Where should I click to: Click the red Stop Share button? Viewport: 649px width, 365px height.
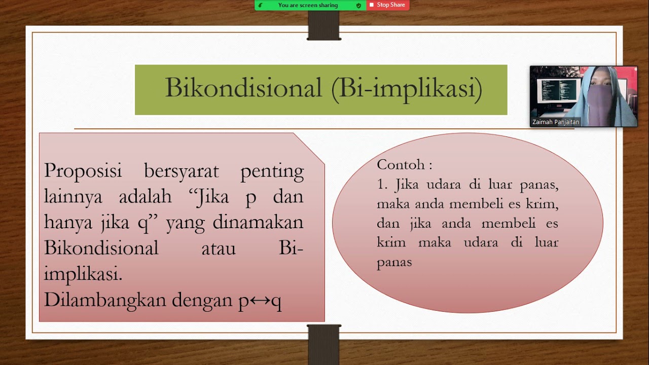tap(388, 5)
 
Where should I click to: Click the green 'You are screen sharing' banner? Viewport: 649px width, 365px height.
tap(308, 5)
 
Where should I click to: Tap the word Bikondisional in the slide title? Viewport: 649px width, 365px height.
tap(243, 89)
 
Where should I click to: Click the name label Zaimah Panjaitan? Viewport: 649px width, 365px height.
tap(556, 122)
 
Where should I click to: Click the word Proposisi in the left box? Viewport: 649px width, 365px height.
tap(83, 171)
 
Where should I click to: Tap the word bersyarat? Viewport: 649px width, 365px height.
tap(181, 171)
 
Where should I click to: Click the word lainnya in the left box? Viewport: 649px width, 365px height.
tap(73, 197)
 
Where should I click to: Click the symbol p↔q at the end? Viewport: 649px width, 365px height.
tap(260, 301)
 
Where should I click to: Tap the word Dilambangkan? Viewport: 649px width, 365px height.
tap(105, 301)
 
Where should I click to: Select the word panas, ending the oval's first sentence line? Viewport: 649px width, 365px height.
tap(539, 185)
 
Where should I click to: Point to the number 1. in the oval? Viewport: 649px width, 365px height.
tap(382, 185)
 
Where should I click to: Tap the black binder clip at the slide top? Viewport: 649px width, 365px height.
tap(324, 25)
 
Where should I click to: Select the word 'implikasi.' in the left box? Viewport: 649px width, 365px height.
tap(83, 275)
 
